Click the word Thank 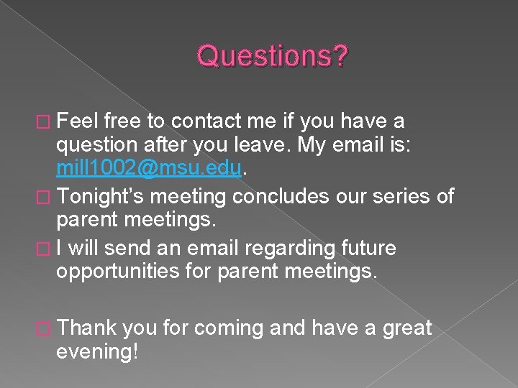tap(87, 328)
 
